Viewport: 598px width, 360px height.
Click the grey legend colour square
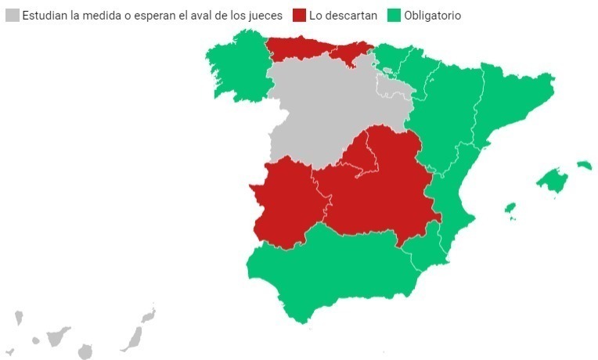pyautogui.click(x=12, y=16)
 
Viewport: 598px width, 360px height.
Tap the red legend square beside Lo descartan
pyautogui.click(x=298, y=16)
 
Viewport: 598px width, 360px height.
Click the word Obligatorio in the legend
pyautogui.click(x=432, y=16)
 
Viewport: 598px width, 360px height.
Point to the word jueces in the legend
pyautogui.click(x=262, y=16)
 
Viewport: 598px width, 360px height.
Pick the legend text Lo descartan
pyautogui.click(x=343, y=16)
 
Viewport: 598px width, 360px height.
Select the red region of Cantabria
pyautogui.click(x=348, y=56)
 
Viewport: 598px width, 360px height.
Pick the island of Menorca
pyautogui.click(x=584, y=165)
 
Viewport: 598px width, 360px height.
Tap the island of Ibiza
pyautogui.click(x=510, y=208)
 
